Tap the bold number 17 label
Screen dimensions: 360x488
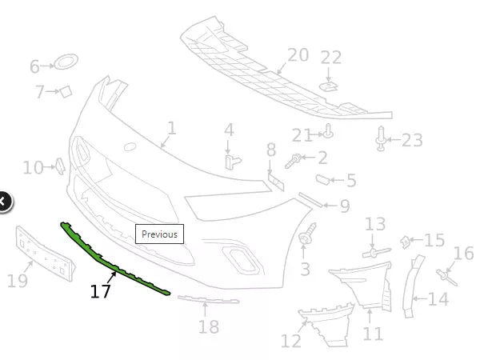click(x=100, y=291)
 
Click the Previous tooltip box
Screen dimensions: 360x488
click(x=158, y=234)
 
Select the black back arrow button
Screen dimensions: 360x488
click(x=3, y=202)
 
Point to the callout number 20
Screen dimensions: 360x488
click(x=298, y=54)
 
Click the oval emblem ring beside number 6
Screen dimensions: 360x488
click(x=66, y=62)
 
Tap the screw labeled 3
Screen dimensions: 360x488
click(x=305, y=238)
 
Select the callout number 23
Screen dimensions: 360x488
click(x=411, y=141)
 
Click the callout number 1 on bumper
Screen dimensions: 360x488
click(x=171, y=127)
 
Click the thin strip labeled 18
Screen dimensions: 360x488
click(x=208, y=301)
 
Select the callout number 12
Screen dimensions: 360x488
click(x=290, y=342)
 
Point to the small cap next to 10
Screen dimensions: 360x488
click(x=58, y=166)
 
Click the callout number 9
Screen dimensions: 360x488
click(x=344, y=206)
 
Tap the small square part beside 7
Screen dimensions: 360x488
click(x=67, y=91)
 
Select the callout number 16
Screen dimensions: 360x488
click(x=463, y=254)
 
